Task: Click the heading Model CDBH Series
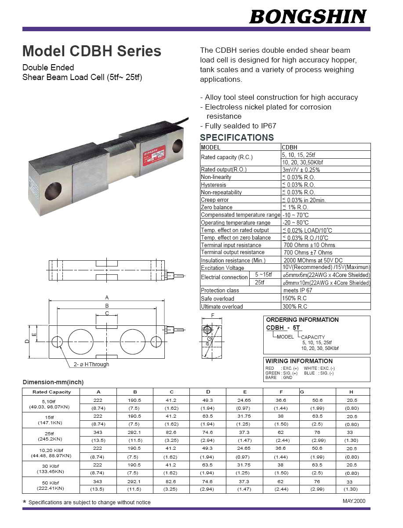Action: point(92,51)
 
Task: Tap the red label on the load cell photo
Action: point(154,155)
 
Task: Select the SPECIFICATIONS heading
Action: point(236,137)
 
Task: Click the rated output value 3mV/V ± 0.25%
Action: point(301,170)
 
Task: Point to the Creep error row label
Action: point(214,200)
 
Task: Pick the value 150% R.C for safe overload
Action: point(294,299)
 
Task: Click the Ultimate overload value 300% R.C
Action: point(294,306)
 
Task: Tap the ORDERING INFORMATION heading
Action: point(302,320)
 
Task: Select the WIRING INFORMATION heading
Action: point(299,361)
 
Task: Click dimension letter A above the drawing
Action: point(106,298)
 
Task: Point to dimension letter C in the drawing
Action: point(106,313)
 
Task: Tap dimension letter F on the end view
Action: point(213,316)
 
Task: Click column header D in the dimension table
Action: point(208,392)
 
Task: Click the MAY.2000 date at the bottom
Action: point(354,501)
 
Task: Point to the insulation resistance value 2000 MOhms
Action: point(313,260)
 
